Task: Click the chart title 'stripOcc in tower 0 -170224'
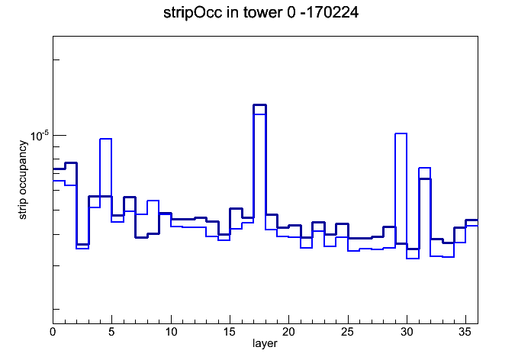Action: pos(261,13)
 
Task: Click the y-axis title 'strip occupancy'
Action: pos(23,180)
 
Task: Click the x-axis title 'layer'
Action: pos(265,343)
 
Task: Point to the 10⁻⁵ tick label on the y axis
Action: pos(40,136)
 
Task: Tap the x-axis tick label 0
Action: pos(53,333)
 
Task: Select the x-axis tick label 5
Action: pos(111,333)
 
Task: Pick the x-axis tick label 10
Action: pos(171,333)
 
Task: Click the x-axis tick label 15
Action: pos(230,333)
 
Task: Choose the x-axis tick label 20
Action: pos(288,333)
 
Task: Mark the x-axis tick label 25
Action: pos(347,333)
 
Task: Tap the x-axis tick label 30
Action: pos(407,333)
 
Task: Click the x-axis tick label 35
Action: pos(465,333)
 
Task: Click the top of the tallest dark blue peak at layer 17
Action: pos(259,105)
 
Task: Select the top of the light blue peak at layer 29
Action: pos(401,133)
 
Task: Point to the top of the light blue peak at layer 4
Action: pos(105,139)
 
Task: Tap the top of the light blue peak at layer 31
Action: pos(425,168)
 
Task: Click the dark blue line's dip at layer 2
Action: pos(82,244)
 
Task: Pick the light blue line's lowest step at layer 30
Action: pos(413,259)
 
